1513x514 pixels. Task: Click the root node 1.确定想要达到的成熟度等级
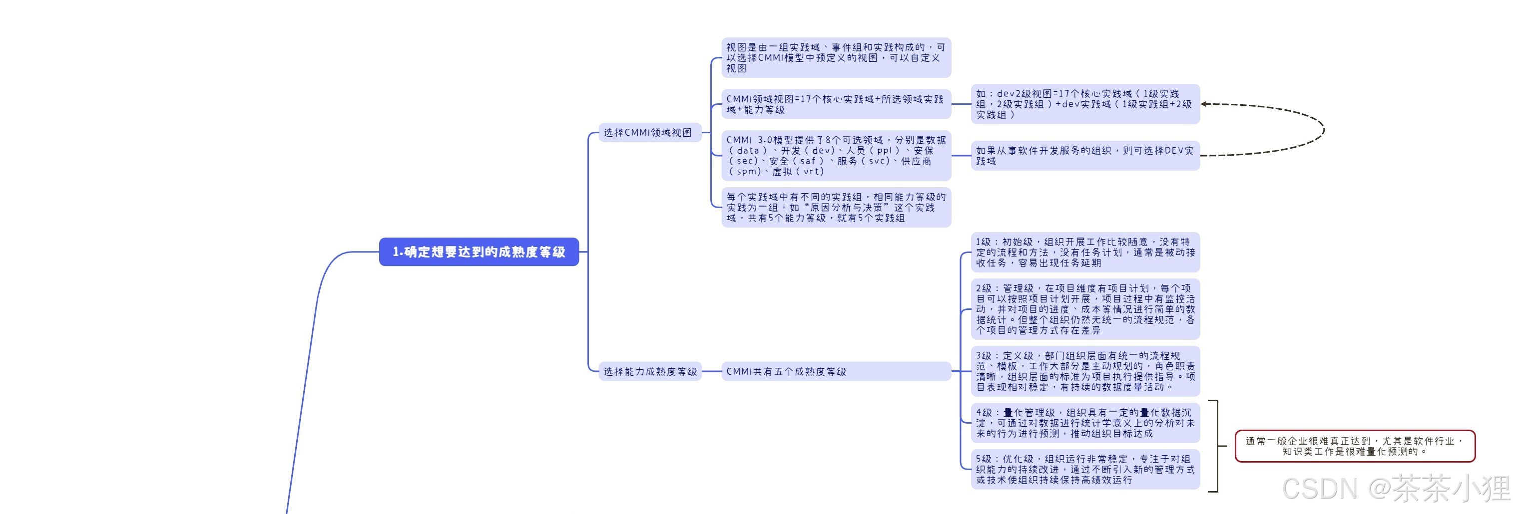pyautogui.click(x=479, y=252)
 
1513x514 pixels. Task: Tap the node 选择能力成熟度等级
pyautogui.click(x=649, y=371)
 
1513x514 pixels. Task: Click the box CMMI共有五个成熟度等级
pyautogui.click(x=835, y=371)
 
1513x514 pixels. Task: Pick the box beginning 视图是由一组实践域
pyautogui.click(x=835, y=57)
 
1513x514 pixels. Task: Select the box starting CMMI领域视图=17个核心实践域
pyautogui.click(x=835, y=104)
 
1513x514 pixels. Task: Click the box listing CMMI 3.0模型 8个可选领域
pyautogui.click(x=835, y=156)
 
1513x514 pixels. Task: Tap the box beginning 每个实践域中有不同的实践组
pyautogui.click(x=835, y=207)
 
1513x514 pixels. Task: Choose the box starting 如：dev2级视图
pyautogui.click(x=1084, y=104)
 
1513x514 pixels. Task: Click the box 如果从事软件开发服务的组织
pyautogui.click(x=1084, y=156)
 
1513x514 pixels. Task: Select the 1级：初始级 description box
pyautogui.click(x=1084, y=253)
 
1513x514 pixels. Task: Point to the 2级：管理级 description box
pyautogui.click(x=1084, y=309)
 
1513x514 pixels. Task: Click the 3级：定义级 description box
pyautogui.click(x=1084, y=371)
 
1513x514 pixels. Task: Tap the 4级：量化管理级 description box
pyautogui.click(x=1084, y=423)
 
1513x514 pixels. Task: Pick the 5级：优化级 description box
pyautogui.click(x=1084, y=470)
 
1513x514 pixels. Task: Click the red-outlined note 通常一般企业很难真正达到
pyautogui.click(x=1355, y=446)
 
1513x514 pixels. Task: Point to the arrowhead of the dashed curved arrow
pyautogui.click(x=1205, y=104)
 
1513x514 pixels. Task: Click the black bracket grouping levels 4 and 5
pyautogui.click(x=1217, y=446)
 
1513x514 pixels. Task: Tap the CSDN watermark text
pyautogui.click(x=1396, y=488)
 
